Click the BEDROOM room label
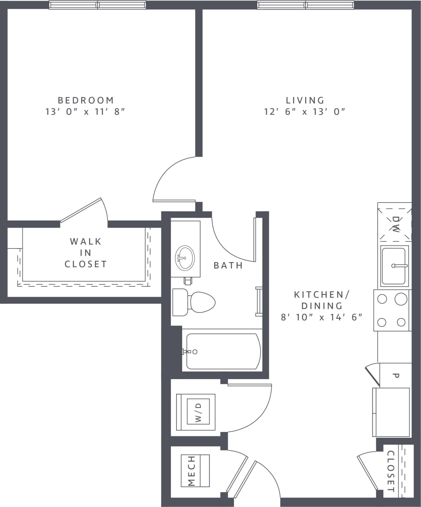[x=85, y=100]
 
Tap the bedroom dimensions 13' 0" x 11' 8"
[x=85, y=112]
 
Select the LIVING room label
[x=305, y=100]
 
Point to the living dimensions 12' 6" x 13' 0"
[x=304, y=112]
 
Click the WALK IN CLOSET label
[x=85, y=253]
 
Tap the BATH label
[x=228, y=265]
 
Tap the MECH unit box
[x=195, y=471]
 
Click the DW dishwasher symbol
[x=395, y=224]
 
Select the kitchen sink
[x=394, y=266]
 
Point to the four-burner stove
[x=392, y=310]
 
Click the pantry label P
[x=396, y=375]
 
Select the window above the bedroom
[x=97, y=5]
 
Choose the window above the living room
[x=306, y=5]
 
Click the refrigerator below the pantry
[x=391, y=412]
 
